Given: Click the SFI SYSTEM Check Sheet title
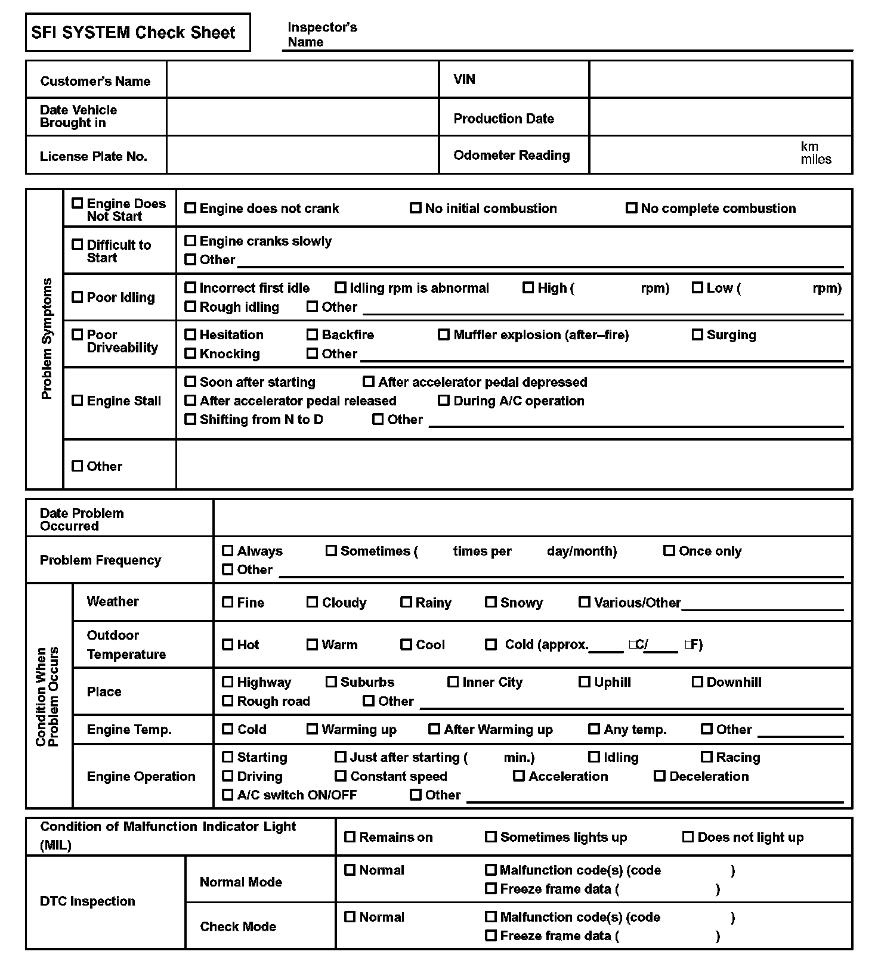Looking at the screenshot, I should pyautogui.click(x=134, y=32).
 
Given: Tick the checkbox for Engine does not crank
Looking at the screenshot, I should pyautogui.click(x=190, y=208).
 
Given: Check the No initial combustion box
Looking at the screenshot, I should pyautogui.click(x=416, y=208).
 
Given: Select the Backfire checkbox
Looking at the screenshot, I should pyautogui.click(x=313, y=334).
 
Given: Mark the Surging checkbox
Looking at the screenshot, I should pyautogui.click(x=697, y=334).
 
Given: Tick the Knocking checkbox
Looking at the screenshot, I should pyautogui.click(x=190, y=354).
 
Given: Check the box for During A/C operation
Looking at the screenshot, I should pyautogui.click(x=444, y=401).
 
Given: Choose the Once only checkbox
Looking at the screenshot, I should pyautogui.click(x=669, y=551).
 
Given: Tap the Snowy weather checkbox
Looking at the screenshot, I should pyautogui.click(x=491, y=602).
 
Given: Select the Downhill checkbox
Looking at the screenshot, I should pyautogui.click(x=697, y=682).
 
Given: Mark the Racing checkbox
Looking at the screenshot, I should pyautogui.click(x=707, y=757).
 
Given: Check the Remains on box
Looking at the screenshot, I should pyautogui.click(x=350, y=837).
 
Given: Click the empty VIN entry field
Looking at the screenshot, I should pyautogui.click(x=720, y=79).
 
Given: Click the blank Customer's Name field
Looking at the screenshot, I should pyautogui.click(x=302, y=79).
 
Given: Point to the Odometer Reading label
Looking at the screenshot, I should pyautogui.click(x=512, y=155).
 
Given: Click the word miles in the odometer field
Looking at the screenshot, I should pyautogui.click(x=816, y=159).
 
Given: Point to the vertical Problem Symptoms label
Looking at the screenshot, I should pyautogui.click(x=47, y=338).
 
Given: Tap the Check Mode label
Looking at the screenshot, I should pyautogui.click(x=238, y=926).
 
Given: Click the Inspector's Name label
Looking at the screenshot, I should pyautogui.click(x=322, y=35).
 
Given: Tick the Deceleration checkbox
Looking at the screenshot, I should pyautogui.click(x=660, y=776).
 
